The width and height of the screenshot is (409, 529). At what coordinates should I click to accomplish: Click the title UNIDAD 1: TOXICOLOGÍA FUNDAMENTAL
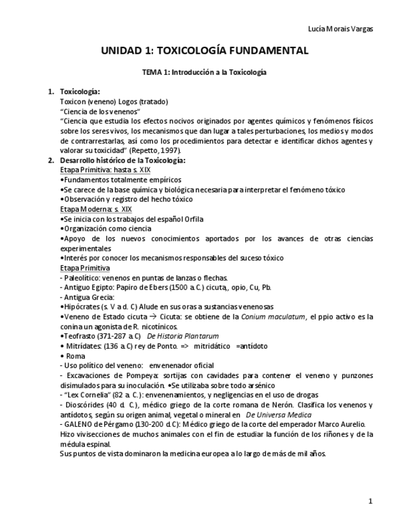(x=204, y=51)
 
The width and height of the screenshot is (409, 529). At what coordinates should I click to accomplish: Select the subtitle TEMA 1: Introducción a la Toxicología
(x=204, y=72)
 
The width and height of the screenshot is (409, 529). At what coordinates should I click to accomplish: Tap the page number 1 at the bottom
(x=370, y=501)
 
